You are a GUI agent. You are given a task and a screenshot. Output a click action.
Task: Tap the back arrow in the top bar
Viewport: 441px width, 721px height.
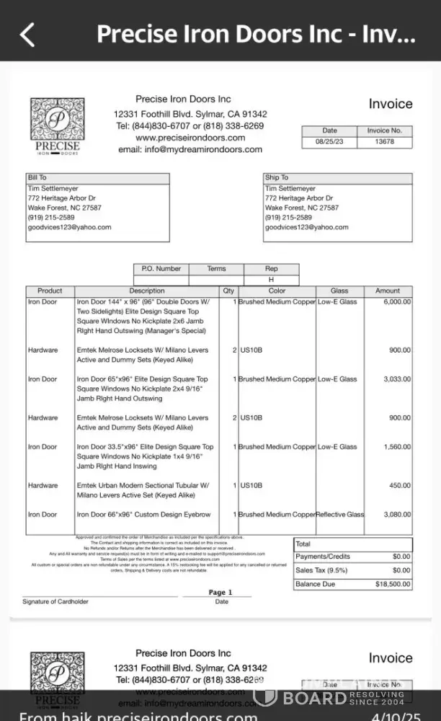pyautogui.click(x=27, y=35)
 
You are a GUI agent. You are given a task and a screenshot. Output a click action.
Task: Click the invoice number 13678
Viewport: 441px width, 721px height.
pyautogui.click(x=385, y=142)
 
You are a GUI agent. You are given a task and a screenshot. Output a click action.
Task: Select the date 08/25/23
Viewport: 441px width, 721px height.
pyautogui.click(x=329, y=142)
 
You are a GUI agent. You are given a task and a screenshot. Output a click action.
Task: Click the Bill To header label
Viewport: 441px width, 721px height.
pyautogui.click(x=37, y=177)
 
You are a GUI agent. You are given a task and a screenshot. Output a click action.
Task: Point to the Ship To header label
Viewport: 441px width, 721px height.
pyautogui.click(x=277, y=177)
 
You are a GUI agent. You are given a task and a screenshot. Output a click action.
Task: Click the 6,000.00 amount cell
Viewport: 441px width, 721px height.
pyautogui.click(x=396, y=302)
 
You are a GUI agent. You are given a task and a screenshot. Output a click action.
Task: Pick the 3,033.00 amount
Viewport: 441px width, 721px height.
pyautogui.click(x=396, y=379)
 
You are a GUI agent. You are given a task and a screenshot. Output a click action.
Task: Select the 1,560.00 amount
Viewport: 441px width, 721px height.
pyautogui.click(x=396, y=447)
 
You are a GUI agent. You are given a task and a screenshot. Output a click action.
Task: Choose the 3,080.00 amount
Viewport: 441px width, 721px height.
pyautogui.click(x=396, y=515)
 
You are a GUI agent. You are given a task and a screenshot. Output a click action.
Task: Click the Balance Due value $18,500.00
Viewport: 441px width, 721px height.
pyautogui.click(x=393, y=584)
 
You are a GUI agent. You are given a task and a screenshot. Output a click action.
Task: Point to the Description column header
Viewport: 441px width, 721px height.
pyautogui.click(x=147, y=291)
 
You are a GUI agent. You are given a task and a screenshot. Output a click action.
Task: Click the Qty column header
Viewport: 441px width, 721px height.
pyautogui.click(x=228, y=291)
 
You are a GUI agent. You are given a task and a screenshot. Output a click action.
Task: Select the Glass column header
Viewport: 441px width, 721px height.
pyautogui.click(x=339, y=291)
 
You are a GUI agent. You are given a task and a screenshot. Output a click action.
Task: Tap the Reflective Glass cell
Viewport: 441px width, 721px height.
pyautogui.click(x=341, y=515)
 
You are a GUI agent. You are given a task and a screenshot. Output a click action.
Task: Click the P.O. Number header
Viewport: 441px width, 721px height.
pyautogui.click(x=161, y=269)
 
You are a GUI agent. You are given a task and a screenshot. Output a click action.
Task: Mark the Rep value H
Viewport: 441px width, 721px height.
pyautogui.click(x=272, y=279)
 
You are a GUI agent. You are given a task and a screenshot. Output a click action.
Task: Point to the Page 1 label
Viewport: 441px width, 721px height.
pyautogui.click(x=217, y=593)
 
